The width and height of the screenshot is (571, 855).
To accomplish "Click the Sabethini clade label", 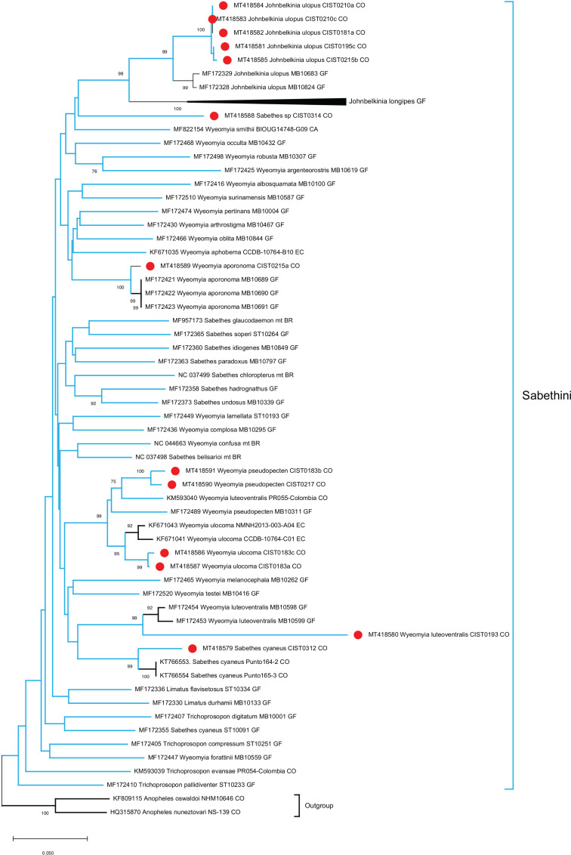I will [x=545, y=395].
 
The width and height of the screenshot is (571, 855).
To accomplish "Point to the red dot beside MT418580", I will [x=358, y=635].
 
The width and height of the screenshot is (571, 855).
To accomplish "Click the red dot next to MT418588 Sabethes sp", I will [x=214, y=116].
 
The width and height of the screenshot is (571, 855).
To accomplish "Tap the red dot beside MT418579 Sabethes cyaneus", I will [x=193, y=648].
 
